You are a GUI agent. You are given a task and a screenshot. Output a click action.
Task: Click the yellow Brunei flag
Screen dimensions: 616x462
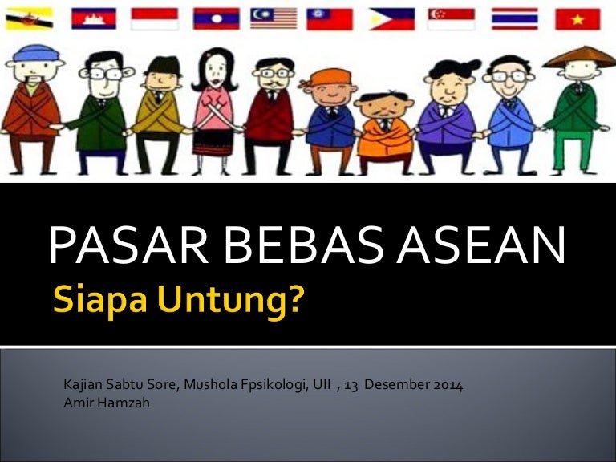[29, 18]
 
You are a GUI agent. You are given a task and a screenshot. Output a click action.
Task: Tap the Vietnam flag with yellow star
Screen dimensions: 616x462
[577, 19]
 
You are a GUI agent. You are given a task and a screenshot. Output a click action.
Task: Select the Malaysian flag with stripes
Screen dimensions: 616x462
[274, 18]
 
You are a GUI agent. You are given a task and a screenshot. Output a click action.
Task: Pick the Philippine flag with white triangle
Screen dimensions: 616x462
[391, 19]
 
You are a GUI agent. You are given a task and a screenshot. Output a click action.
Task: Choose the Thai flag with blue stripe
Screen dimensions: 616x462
[515, 19]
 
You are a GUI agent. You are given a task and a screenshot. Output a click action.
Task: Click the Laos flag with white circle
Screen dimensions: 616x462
[216, 18]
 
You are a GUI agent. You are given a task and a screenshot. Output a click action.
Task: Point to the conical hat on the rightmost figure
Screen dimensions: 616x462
[579, 57]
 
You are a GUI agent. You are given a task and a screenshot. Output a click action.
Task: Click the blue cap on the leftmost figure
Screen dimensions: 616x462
[36, 53]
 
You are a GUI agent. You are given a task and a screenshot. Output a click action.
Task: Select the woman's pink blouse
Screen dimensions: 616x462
[214, 108]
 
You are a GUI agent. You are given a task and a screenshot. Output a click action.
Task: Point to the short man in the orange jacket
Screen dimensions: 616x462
[384, 133]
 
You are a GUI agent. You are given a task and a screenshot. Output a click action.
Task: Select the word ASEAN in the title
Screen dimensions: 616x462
[481, 245]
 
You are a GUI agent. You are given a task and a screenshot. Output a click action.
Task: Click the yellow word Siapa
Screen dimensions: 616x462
[100, 299]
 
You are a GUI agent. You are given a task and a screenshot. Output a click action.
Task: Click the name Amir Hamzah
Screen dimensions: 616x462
[107, 403]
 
